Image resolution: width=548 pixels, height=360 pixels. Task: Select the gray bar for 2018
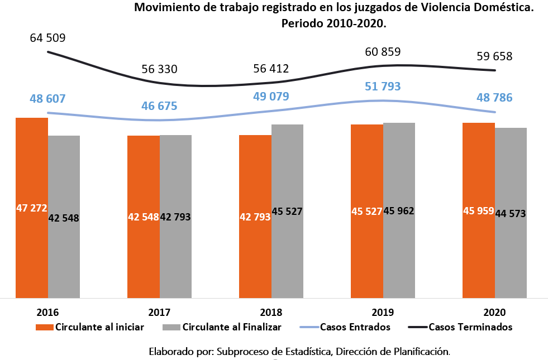pyautogui.click(x=287, y=251)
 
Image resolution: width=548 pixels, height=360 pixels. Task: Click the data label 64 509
pyautogui.click(x=47, y=39)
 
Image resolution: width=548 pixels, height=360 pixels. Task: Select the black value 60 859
pyautogui.click(x=383, y=52)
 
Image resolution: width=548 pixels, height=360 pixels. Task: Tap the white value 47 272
pyautogui.click(x=32, y=208)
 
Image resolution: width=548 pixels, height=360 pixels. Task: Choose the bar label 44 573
pyautogui.click(x=511, y=213)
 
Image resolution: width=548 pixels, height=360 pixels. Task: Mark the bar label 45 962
pyautogui.click(x=399, y=211)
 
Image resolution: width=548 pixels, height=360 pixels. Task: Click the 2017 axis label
pyautogui.click(x=159, y=312)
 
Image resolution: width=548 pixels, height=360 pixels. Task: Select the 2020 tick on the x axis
pyautogui.click(x=494, y=312)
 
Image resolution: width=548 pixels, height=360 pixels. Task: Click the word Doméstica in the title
pyautogui.click(x=502, y=8)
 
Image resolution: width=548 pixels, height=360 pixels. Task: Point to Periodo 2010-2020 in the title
pyautogui.click(x=334, y=24)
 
